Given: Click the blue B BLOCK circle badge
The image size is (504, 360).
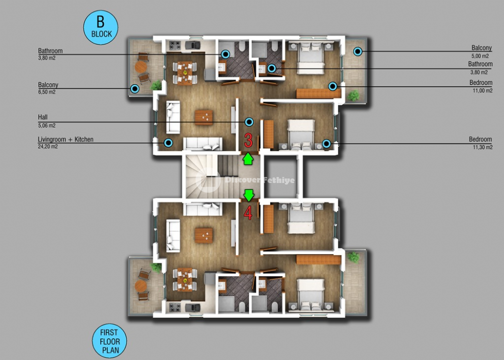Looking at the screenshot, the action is click(x=101, y=27).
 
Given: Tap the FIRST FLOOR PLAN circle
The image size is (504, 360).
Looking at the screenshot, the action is click(x=109, y=341).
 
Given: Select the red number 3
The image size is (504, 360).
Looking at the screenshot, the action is click(x=248, y=140).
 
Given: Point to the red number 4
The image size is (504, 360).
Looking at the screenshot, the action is click(x=248, y=212).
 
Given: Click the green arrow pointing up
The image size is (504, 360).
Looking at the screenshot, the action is click(x=248, y=159).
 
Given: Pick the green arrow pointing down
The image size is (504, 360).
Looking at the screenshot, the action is click(x=249, y=195).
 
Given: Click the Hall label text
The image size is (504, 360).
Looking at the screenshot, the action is click(x=43, y=117).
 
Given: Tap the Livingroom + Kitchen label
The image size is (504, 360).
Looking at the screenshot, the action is click(x=66, y=140).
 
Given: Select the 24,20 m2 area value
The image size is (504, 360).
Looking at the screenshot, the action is click(x=47, y=147).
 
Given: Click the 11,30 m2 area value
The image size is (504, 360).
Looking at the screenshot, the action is click(x=482, y=148).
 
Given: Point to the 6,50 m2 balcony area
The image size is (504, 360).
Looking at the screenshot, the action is click(x=46, y=92).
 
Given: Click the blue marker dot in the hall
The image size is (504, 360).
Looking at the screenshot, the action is click(x=249, y=122).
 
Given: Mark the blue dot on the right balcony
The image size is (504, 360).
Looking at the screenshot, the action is click(x=357, y=51).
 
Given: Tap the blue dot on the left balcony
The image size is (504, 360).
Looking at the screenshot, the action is click(x=135, y=89).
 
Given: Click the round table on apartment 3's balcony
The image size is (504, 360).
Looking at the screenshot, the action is click(x=141, y=67).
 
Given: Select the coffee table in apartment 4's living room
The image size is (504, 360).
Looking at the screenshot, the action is click(x=204, y=235).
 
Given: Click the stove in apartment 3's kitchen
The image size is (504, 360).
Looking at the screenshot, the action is click(x=175, y=46).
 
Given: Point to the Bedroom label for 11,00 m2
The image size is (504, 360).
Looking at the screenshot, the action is click(x=481, y=83).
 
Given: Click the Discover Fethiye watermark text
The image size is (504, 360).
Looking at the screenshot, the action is click(x=260, y=180).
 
